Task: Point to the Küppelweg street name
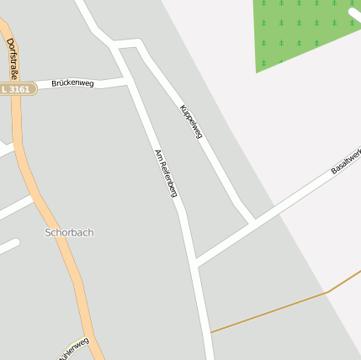[x=191, y=122]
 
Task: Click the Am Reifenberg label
[x=166, y=173]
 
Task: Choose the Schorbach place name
[x=69, y=232]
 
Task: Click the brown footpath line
[x=269, y=312]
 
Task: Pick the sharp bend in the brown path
[x=325, y=292]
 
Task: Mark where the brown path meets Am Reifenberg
[x=210, y=332]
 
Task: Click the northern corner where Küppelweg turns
[x=136, y=42]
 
